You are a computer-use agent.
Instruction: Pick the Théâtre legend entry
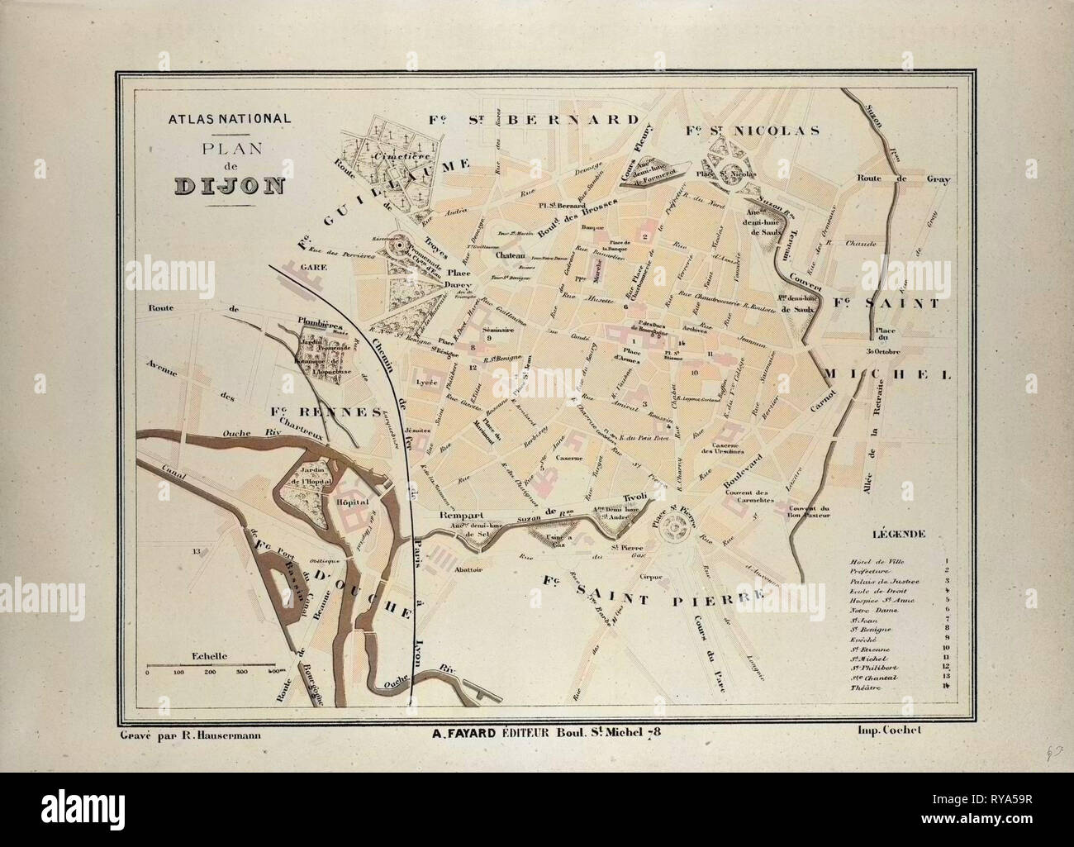(x=861, y=688)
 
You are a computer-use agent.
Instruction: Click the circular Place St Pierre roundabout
(x=682, y=526)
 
